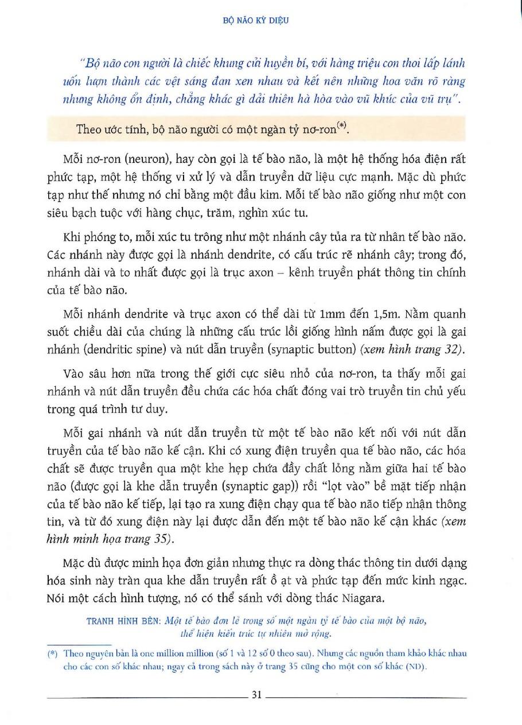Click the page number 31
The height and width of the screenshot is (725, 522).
[256, 695]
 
